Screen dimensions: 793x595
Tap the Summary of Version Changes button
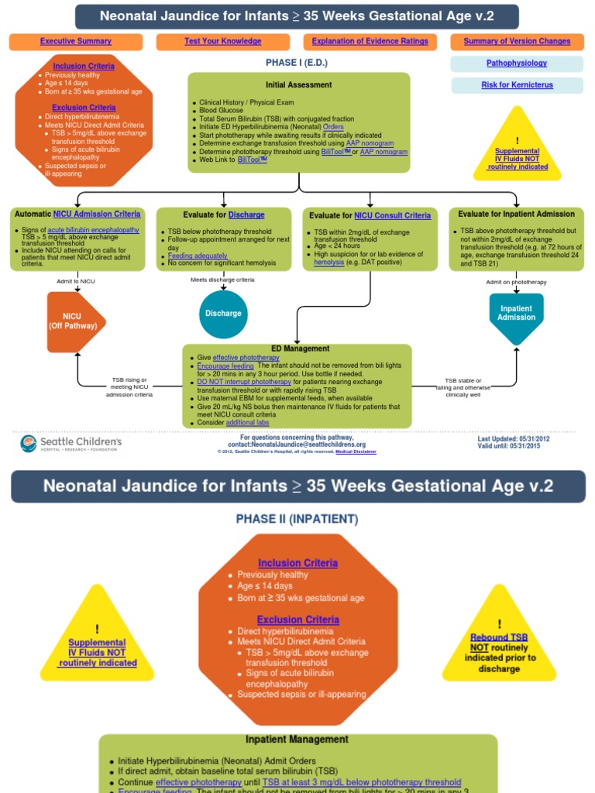coord(517,41)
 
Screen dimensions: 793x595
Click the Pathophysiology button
coord(517,63)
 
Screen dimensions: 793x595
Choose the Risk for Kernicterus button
coord(517,85)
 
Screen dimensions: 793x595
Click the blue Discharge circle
coord(223,314)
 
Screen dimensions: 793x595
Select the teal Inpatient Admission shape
coord(516,313)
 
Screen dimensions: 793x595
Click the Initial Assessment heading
coord(298,84)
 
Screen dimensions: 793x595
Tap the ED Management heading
coord(300,348)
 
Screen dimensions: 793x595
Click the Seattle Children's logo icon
coord(29,444)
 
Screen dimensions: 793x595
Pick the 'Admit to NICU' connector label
coord(76,280)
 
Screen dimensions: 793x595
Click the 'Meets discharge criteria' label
coord(222,280)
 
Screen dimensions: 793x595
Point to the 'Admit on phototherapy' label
coord(516,282)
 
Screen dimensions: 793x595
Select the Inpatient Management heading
coord(297,740)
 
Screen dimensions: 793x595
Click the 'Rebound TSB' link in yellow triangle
coord(499,637)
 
